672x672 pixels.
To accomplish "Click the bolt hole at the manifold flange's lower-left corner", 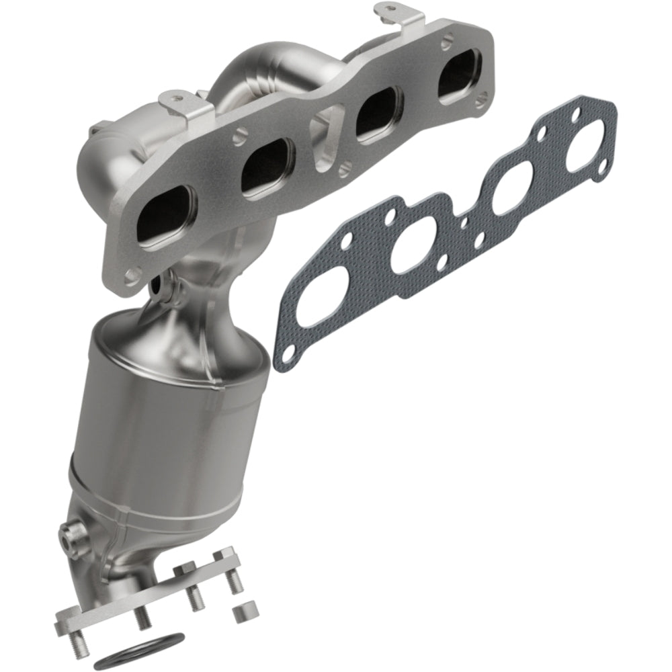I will coord(132,274).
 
